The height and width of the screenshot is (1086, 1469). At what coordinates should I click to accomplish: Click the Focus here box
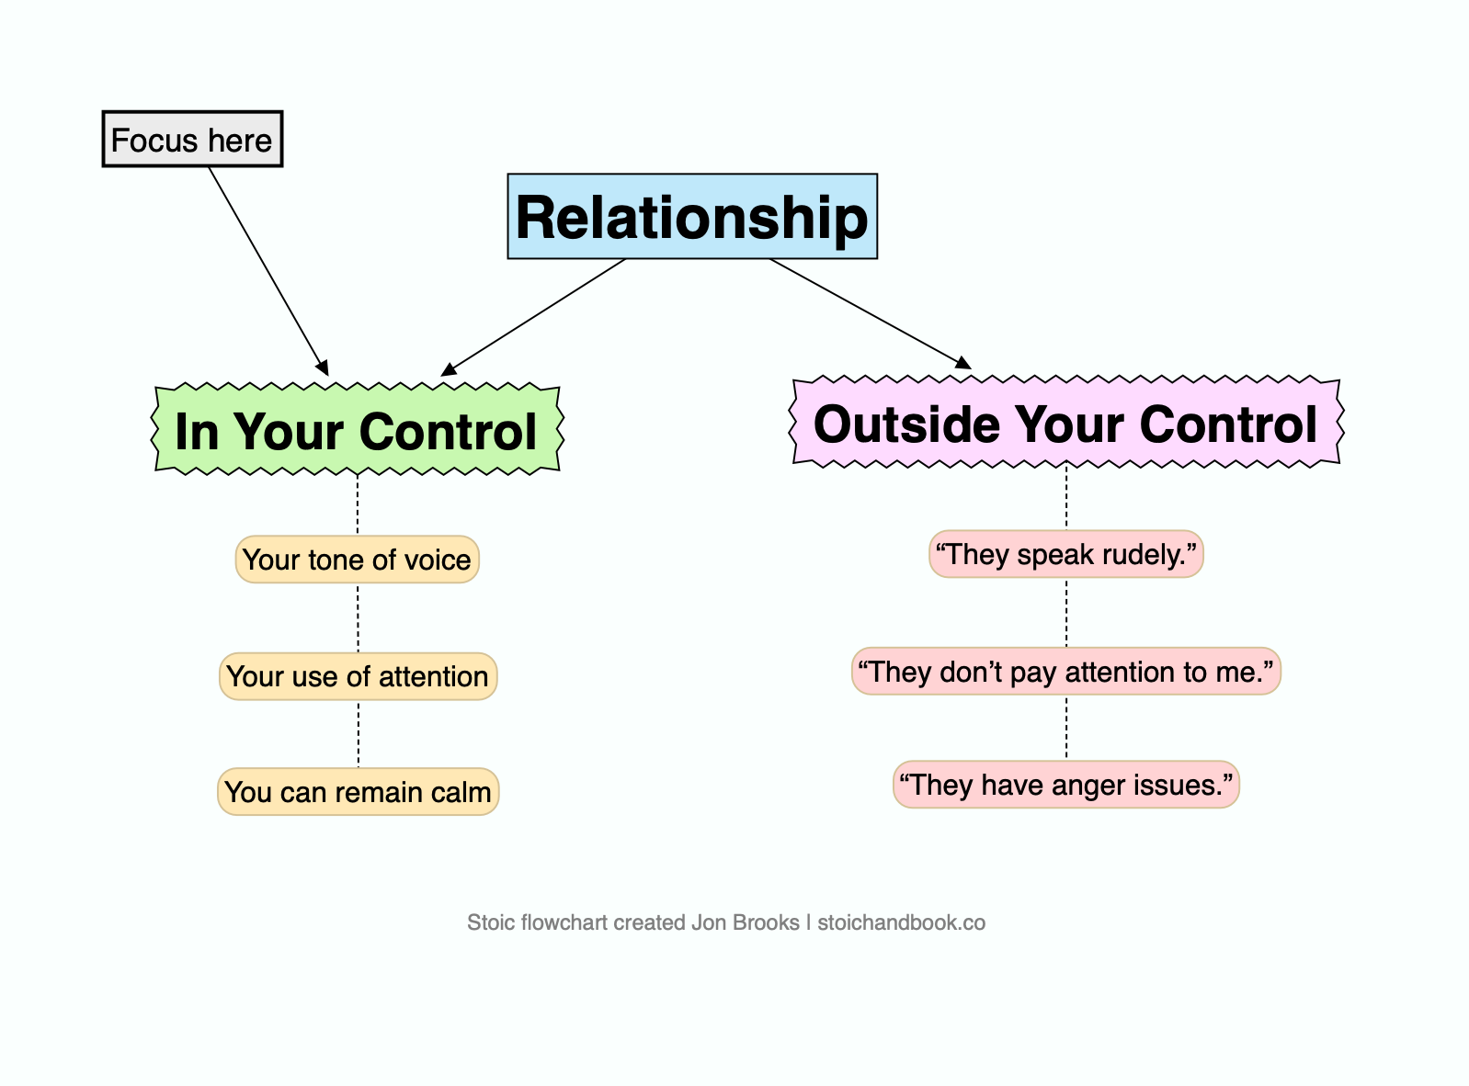[192, 140]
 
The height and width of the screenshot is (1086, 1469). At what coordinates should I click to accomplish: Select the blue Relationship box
[692, 217]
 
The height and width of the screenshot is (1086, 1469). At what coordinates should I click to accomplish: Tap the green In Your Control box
[357, 430]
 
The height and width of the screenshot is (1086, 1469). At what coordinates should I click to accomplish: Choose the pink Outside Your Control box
[1066, 424]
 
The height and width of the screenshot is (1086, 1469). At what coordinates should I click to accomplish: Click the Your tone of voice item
[358, 560]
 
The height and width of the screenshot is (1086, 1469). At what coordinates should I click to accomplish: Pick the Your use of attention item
[358, 676]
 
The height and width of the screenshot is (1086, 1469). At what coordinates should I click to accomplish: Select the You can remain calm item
[358, 792]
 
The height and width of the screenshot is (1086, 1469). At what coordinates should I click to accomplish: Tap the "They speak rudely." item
[1066, 554]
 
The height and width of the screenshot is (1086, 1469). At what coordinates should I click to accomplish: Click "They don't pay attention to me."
[1066, 672]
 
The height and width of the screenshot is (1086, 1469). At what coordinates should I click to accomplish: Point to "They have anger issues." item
[1066, 785]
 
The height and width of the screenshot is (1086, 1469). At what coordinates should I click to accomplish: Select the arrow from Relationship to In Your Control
[534, 316]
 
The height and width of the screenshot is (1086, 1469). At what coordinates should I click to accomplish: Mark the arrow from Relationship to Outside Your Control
[869, 312]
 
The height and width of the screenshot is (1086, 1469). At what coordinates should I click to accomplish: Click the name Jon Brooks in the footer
[746, 922]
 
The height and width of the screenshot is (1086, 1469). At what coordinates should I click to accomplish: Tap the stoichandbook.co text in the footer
[901, 922]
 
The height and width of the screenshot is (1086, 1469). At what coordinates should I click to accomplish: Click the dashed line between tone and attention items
[358, 617]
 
